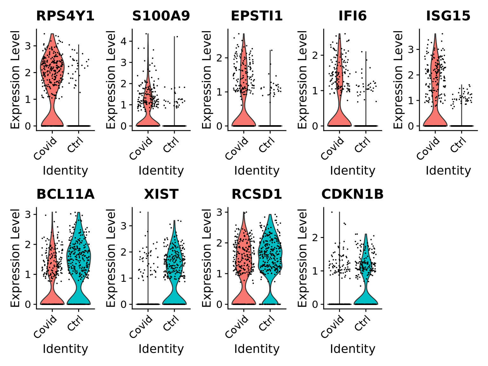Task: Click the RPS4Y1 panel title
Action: (x=65, y=16)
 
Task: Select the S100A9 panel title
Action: (x=161, y=16)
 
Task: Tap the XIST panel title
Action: (x=161, y=194)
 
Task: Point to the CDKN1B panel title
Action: (x=352, y=194)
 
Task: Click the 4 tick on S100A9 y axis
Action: (x=124, y=41)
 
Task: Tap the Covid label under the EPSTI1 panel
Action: (x=237, y=148)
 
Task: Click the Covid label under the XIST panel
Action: (x=141, y=327)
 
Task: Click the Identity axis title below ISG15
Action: (x=448, y=171)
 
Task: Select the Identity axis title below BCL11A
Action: (x=65, y=349)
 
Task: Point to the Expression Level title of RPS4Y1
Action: (x=15, y=79)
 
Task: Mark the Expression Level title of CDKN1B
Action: (x=302, y=258)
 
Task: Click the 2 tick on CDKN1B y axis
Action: (x=315, y=237)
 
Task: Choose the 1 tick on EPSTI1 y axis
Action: (x=219, y=92)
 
